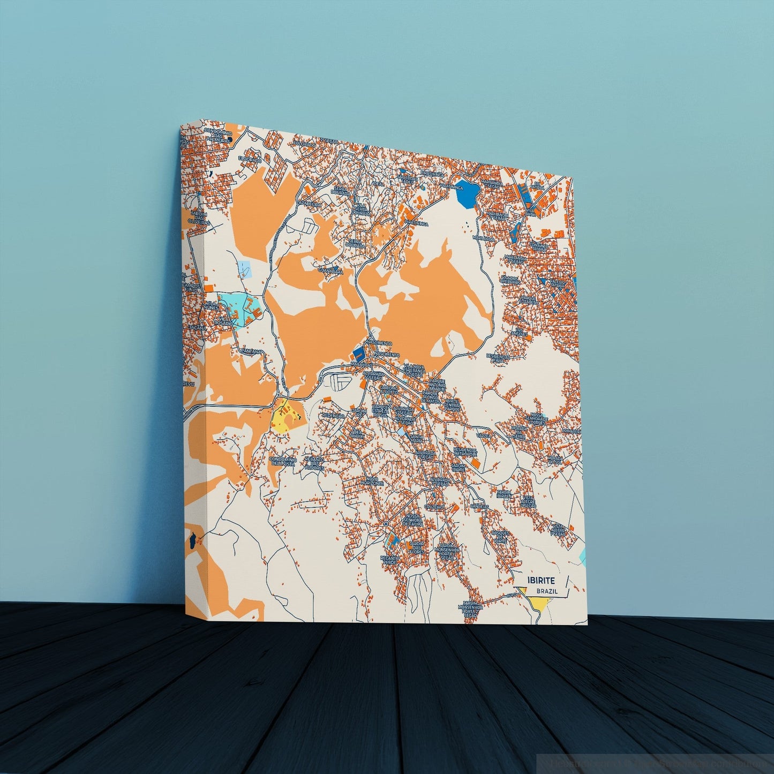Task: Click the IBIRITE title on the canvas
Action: point(541,580)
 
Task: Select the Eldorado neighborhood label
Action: point(251,160)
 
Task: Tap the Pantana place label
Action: point(251,351)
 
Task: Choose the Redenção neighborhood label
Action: point(331,416)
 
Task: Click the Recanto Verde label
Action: point(389,560)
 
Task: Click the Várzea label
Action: point(484,435)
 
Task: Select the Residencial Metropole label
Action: point(464,453)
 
